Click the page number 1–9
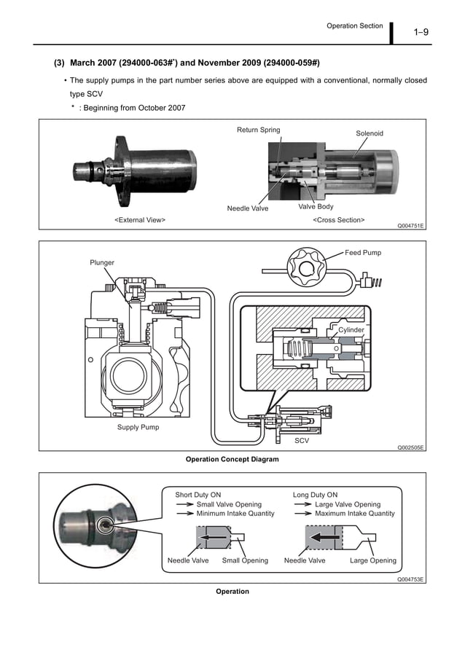coord(420,31)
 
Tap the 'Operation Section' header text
coord(354,26)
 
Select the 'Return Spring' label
coord(258,130)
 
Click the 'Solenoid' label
coord(369,134)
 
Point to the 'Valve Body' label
coord(316,207)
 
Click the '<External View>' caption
coord(140,219)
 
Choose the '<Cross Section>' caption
coord(338,219)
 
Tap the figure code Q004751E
coord(410,226)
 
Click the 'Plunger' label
coord(102,262)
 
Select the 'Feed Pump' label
coord(363,253)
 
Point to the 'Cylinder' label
coord(351,330)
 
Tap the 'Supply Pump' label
coord(138,427)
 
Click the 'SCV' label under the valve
coord(302,441)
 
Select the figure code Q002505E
coord(410,448)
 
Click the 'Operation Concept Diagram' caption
coord(232,460)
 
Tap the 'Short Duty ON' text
coord(198,495)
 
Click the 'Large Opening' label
coord(373,560)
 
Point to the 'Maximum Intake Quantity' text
coord(354,514)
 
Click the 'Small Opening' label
coord(245,560)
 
